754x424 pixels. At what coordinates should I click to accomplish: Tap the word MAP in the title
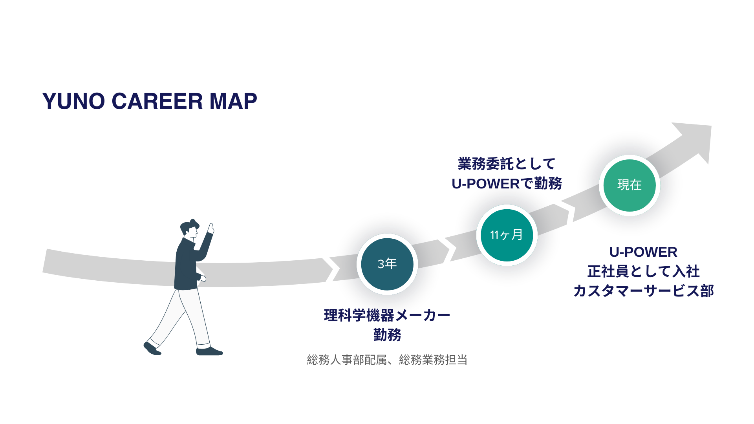pyautogui.click(x=233, y=101)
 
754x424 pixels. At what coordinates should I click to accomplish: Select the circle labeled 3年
pyautogui.click(x=387, y=264)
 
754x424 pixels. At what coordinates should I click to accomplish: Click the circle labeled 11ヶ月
pyautogui.click(x=507, y=235)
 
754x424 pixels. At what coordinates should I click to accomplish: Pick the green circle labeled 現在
pyautogui.click(x=630, y=185)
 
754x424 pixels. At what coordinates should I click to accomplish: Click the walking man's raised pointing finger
pyautogui.click(x=211, y=227)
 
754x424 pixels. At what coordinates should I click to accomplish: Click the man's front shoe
pyautogui.click(x=209, y=351)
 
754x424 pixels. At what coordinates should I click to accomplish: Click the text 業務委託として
pyautogui.click(x=507, y=164)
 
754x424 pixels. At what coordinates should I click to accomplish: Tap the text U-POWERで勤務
pyautogui.click(x=507, y=183)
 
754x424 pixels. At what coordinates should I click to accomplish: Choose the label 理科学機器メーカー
pyautogui.click(x=387, y=315)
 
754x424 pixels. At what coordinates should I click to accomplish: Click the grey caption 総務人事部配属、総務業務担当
pyautogui.click(x=387, y=360)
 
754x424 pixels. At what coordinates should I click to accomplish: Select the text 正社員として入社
pyautogui.click(x=643, y=271)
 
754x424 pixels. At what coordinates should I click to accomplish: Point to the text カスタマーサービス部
pyautogui.click(x=643, y=291)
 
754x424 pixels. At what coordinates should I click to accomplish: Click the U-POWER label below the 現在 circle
pyautogui.click(x=643, y=252)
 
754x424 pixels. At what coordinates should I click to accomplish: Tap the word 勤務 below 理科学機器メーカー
pyautogui.click(x=387, y=335)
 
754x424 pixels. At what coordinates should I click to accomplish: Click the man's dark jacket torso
pyautogui.click(x=187, y=267)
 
